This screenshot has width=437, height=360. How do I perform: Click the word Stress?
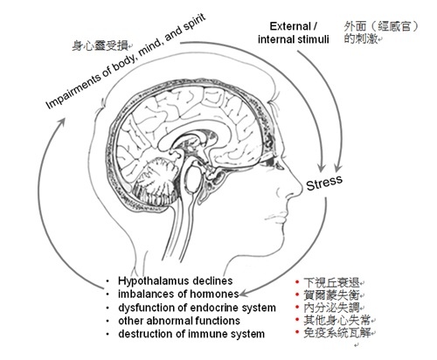324,183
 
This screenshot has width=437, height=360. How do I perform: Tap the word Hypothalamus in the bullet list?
153,281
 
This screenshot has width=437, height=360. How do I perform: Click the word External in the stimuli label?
290,26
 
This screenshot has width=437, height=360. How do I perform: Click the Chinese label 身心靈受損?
100,45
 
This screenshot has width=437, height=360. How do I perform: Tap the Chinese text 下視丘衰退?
331,283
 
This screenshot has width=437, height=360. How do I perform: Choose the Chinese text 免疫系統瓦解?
336,333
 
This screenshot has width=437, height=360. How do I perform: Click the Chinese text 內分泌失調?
331,308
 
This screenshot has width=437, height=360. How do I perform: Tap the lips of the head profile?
276,217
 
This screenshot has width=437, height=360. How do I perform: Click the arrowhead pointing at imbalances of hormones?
243,294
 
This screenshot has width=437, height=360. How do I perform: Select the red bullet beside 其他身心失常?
297,320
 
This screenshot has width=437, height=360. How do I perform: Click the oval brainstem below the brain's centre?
192,178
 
